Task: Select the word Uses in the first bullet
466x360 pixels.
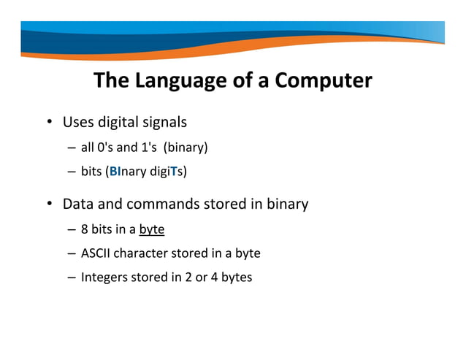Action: click(x=79, y=121)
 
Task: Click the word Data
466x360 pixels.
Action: click(x=79, y=204)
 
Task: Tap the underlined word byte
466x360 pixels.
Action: click(x=151, y=230)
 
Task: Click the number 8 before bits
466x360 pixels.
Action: click(x=85, y=230)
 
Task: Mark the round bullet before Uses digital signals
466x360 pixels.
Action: click(x=50, y=122)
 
